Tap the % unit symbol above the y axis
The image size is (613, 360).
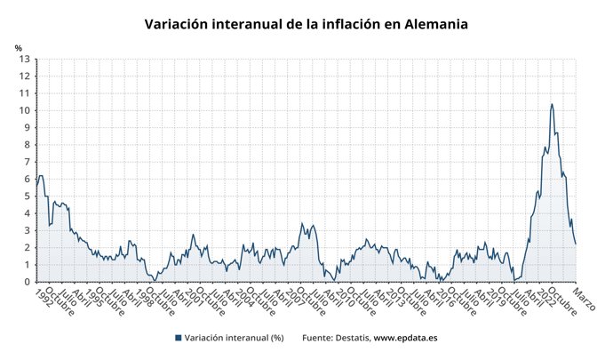tap(18, 47)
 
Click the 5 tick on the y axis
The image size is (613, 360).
tap(28, 196)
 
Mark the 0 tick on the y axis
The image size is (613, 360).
tap(28, 282)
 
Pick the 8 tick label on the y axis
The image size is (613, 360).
tap(28, 145)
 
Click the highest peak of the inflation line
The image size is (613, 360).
tap(552, 104)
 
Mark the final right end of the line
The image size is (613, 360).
tap(576, 244)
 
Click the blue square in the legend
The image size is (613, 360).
tap(178, 338)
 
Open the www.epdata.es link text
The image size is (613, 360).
tap(405, 338)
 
